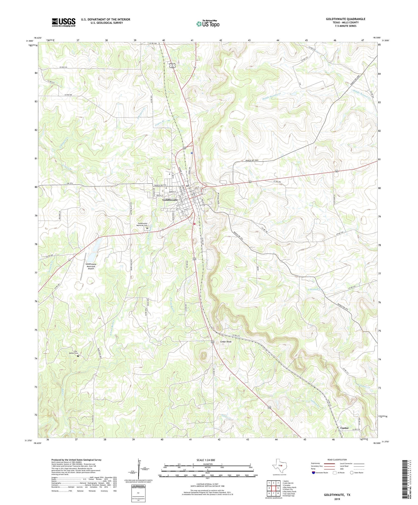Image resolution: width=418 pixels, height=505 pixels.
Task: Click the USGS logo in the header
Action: tap(64, 22)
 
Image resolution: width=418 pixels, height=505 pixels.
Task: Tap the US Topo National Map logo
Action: tap(208, 24)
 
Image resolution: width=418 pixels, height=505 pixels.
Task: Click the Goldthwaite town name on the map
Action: tap(170, 200)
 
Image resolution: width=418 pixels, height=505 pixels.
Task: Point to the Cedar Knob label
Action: tap(226, 341)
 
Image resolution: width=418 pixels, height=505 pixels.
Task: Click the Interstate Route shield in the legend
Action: tap(313, 473)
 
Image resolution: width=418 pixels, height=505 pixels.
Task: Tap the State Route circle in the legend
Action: tap(352, 473)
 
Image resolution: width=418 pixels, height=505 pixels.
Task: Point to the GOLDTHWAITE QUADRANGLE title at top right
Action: tap(346, 19)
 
